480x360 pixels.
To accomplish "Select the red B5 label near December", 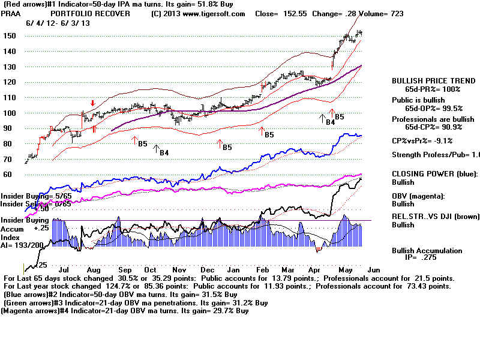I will [226, 147].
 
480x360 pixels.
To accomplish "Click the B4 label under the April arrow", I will [329, 122].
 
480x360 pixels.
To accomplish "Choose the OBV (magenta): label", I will [418, 196].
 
